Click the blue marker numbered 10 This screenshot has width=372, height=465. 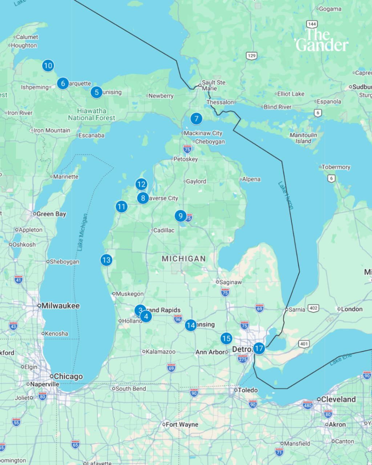(48, 65)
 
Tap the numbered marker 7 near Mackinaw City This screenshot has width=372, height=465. (196, 118)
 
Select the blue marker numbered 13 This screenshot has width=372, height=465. (106, 260)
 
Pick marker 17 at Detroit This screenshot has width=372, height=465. (259, 349)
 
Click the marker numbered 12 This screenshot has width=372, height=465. (141, 185)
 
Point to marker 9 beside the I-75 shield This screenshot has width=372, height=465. (181, 216)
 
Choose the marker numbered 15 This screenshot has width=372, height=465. (226, 339)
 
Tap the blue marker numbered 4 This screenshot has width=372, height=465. (146, 316)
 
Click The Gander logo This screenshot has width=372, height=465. (322, 40)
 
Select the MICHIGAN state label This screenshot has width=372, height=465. (184, 259)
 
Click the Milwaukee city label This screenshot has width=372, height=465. (60, 306)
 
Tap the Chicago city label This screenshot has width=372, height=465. (68, 377)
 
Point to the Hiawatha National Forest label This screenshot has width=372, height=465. (92, 114)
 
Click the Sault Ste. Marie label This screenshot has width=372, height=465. (214, 85)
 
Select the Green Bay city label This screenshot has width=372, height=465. (51, 214)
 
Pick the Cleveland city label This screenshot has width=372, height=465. (338, 399)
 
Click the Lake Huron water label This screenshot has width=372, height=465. (286, 195)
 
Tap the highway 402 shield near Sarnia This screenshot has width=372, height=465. (313, 308)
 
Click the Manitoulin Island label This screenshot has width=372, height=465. (303, 138)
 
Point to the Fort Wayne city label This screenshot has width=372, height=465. (182, 424)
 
